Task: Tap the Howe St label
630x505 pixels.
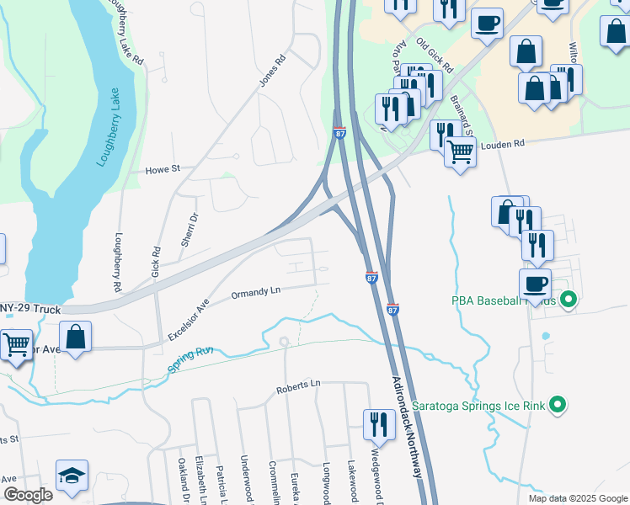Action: point(164,169)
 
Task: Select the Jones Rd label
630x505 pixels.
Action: point(273,72)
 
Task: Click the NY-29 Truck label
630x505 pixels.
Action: point(30,310)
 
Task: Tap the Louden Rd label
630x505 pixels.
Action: point(502,144)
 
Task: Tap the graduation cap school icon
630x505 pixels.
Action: point(72,476)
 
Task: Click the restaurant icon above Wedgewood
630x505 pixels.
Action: point(378,423)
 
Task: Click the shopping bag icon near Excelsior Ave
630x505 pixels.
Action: point(76,337)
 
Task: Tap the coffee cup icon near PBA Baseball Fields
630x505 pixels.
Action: point(535,284)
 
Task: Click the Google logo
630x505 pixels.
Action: point(28,495)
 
